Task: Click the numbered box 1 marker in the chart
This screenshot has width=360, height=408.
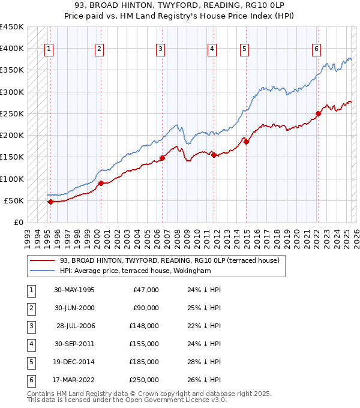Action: [x=49, y=49]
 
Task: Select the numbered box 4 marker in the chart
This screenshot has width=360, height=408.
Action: [x=212, y=49]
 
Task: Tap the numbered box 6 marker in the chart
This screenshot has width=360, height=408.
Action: [x=316, y=49]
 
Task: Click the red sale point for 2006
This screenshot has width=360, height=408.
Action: [x=162, y=158]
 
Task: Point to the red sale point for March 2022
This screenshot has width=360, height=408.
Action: [x=319, y=114]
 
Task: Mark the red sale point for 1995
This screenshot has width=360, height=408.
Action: [x=50, y=202]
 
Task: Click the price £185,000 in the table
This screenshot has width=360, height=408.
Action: [x=144, y=362]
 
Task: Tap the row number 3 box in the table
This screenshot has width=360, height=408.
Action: [x=31, y=326]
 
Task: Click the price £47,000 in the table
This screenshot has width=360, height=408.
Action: [x=146, y=290]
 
